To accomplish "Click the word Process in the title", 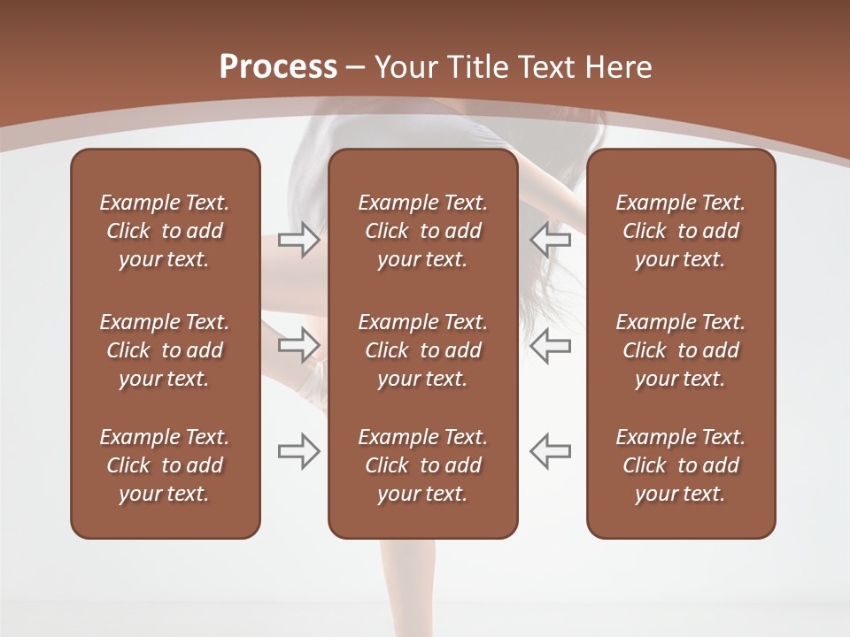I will tap(278, 67).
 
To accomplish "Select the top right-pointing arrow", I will tap(298, 240).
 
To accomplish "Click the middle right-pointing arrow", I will tap(298, 344).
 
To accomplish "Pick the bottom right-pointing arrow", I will tap(298, 451).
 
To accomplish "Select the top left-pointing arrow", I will tap(551, 240).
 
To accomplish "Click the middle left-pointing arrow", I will tap(551, 344).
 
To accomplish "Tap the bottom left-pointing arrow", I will tap(551, 451).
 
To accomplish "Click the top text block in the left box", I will tap(165, 231).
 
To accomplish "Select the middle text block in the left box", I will tap(165, 350).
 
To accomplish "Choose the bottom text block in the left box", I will tap(165, 465).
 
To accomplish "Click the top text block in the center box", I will tap(422, 231).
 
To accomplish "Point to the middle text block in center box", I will tap(422, 350).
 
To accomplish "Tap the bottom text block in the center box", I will tap(422, 465).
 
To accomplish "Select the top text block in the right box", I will tap(680, 231).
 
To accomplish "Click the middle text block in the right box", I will tap(680, 350).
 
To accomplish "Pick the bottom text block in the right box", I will tap(680, 465).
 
